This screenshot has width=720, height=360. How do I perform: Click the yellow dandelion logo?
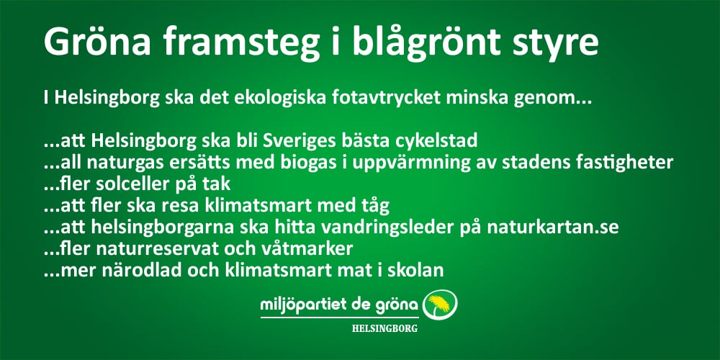click(x=440, y=305)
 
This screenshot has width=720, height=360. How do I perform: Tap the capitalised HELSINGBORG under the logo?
click(x=384, y=328)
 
